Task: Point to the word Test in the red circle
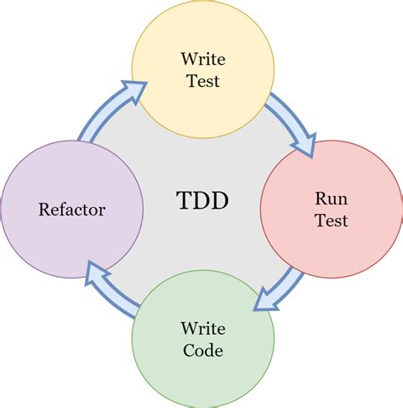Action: pos(330,220)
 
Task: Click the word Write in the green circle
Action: pos(201,327)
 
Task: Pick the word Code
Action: pos(201,349)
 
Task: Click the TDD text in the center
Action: pos(201,201)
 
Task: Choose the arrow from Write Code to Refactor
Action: pos(111,290)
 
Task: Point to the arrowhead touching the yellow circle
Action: pos(133,89)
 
